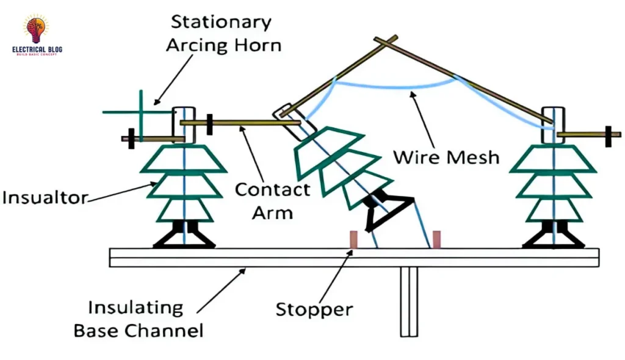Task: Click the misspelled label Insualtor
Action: [45, 198]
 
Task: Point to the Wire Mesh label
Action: [446, 157]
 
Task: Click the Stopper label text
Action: [314, 309]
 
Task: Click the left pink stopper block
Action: [353, 240]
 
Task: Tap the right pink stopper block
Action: [436, 240]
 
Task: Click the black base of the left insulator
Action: [184, 236]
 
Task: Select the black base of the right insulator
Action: [554, 236]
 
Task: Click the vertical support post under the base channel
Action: [408, 303]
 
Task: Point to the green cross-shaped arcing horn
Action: [141, 112]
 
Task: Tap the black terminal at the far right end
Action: [608, 135]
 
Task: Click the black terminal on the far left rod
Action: [130, 139]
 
